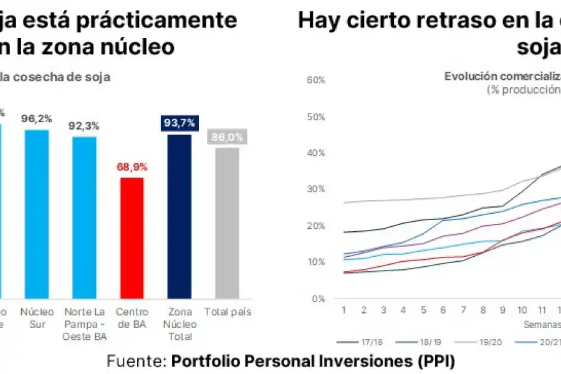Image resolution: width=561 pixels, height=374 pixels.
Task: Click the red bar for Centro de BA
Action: click(x=132, y=237)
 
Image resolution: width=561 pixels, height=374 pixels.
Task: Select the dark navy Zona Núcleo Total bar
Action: click(x=179, y=216)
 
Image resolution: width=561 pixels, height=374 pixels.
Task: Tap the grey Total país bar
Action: click(x=227, y=223)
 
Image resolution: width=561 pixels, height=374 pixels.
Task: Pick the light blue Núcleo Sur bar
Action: click(x=36, y=214)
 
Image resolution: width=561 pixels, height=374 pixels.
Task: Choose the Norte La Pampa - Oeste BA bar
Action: click(x=84, y=217)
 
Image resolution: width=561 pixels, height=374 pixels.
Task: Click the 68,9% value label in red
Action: click(x=132, y=167)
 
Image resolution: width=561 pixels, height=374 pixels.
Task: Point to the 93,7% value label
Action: click(x=179, y=123)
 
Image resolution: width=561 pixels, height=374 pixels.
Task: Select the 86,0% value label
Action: click(x=227, y=137)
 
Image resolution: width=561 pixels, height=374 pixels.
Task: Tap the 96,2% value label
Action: click(x=36, y=118)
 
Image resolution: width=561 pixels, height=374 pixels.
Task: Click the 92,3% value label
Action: click(x=84, y=126)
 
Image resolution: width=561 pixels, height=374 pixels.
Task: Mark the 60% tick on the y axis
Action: click(x=317, y=80)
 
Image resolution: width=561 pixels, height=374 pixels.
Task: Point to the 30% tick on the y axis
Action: click(x=317, y=189)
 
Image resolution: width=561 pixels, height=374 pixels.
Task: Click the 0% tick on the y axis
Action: click(x=319, y=298)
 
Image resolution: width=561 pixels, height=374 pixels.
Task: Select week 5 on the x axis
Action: click(x=423, y=310)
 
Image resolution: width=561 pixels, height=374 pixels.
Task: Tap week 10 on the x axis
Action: click(x=523, y=310)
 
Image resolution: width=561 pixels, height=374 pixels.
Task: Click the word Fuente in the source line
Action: click(x=136, y=361)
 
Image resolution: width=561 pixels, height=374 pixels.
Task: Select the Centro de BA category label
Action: click(x=132, y=317)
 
